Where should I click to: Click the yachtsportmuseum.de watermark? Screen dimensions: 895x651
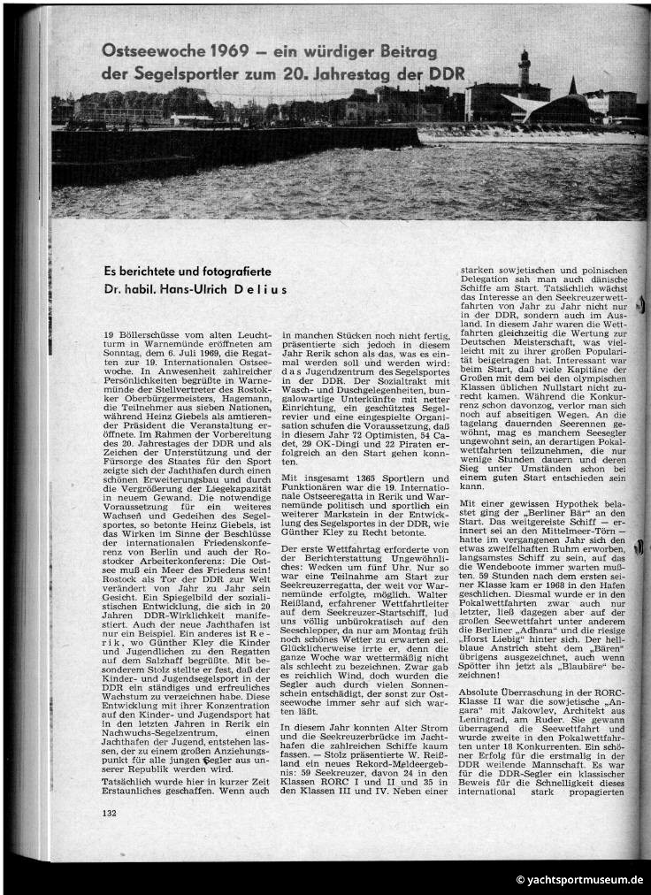[x=580, y=880]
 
